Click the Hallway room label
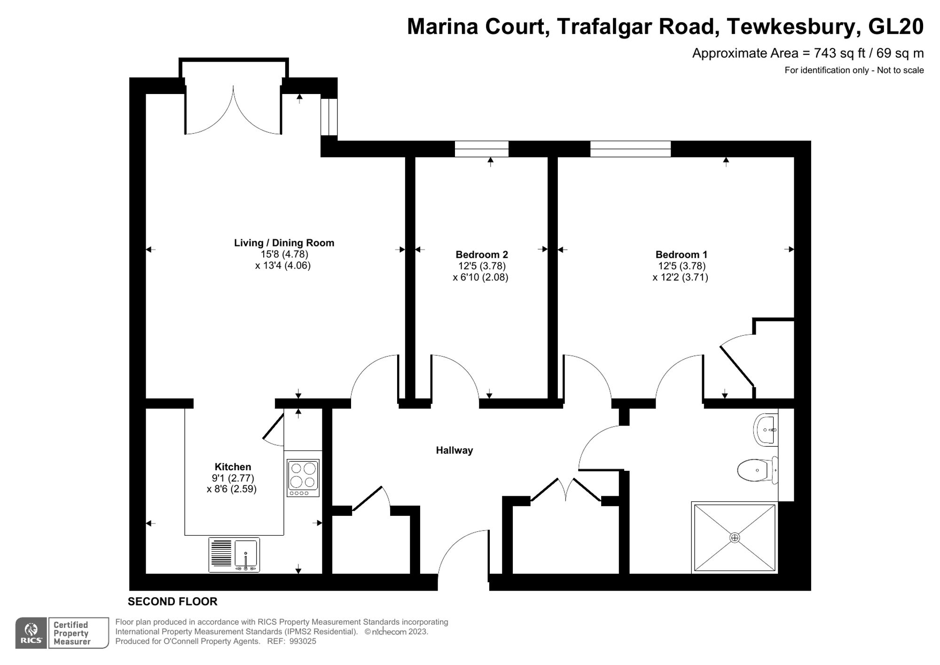click(454, 451)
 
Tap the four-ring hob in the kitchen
click(303, 478)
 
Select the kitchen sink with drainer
click(234, 555)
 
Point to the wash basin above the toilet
click(766, 429)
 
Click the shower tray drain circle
click(735, 538)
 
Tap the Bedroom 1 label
click(681, 254)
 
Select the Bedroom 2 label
click(482, 254)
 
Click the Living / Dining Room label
click(284, 243)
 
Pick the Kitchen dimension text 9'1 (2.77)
click(233, 478)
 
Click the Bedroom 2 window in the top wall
click(482, 149)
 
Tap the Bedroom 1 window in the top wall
click(630, 149)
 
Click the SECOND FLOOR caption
click(172, 602)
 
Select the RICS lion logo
click(31, 633)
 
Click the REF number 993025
click(303, 641)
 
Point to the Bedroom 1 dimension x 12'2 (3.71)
click(680, 277)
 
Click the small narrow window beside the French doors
click(329, 117)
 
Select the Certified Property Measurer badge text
click(71, 633)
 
